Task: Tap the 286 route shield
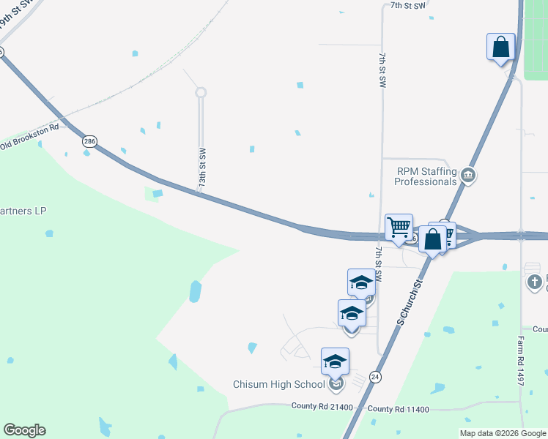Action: (89, 141)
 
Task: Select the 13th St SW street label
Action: (202, 169)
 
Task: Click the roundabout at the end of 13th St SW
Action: (201, 92)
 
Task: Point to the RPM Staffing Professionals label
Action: (427, 176)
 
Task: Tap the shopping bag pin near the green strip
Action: (501, 48)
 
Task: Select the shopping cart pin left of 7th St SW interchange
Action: (399, 228)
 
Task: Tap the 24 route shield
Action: (375, 377)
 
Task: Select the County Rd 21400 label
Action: (322, 407)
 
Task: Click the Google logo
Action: (24, 430)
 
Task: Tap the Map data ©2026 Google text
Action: (502, 433)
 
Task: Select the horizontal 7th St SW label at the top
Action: (407, 5)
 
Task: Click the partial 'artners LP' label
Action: (23, 211)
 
